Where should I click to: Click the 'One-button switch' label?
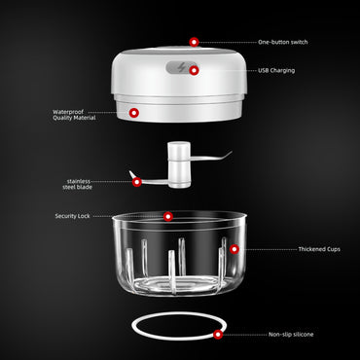click(284, 43)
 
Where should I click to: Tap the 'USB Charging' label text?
click(276, 70)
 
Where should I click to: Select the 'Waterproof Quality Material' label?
click(74, 114)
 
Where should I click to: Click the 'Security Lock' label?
click(72, 215)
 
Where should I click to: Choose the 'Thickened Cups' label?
click(292, 249)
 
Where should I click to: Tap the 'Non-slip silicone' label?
click(291, 334)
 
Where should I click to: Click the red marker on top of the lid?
click(194, 42)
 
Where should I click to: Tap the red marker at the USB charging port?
click(194, 70)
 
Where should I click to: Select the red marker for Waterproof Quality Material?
click(134, 114)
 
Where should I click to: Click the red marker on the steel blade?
click(137, 181)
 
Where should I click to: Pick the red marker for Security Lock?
click(167, 215)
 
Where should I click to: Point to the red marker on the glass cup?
click(234, 249)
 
